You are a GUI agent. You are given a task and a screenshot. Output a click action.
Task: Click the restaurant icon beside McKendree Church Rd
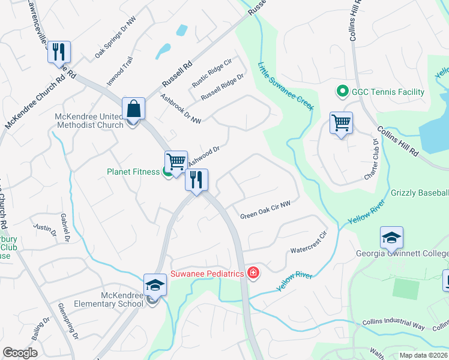click(59, 52)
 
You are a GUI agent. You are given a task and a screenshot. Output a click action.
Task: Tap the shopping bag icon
click(133, 109)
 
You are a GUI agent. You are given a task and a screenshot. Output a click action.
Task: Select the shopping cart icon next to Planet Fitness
click(176, 161)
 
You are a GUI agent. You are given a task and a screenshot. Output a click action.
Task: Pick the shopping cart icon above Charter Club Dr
click(341, 123)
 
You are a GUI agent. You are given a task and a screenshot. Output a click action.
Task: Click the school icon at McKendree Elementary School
click(155, 286)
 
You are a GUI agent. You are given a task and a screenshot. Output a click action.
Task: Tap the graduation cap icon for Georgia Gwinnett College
click(391, 238)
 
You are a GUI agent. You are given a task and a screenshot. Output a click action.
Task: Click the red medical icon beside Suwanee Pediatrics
click(253, 274)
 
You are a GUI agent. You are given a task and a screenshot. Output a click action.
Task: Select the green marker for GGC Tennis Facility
click(342, 92)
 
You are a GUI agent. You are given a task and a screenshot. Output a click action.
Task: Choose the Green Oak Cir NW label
click(265, 210)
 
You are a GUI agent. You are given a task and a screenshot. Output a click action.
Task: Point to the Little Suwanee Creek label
click(286, 86)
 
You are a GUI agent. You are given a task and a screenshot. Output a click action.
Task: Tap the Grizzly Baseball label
click(420, 193)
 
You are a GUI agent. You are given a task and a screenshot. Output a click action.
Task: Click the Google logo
click(20, 353)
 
